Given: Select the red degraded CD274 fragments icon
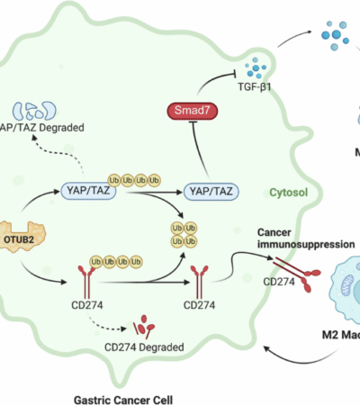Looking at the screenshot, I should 141,326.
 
